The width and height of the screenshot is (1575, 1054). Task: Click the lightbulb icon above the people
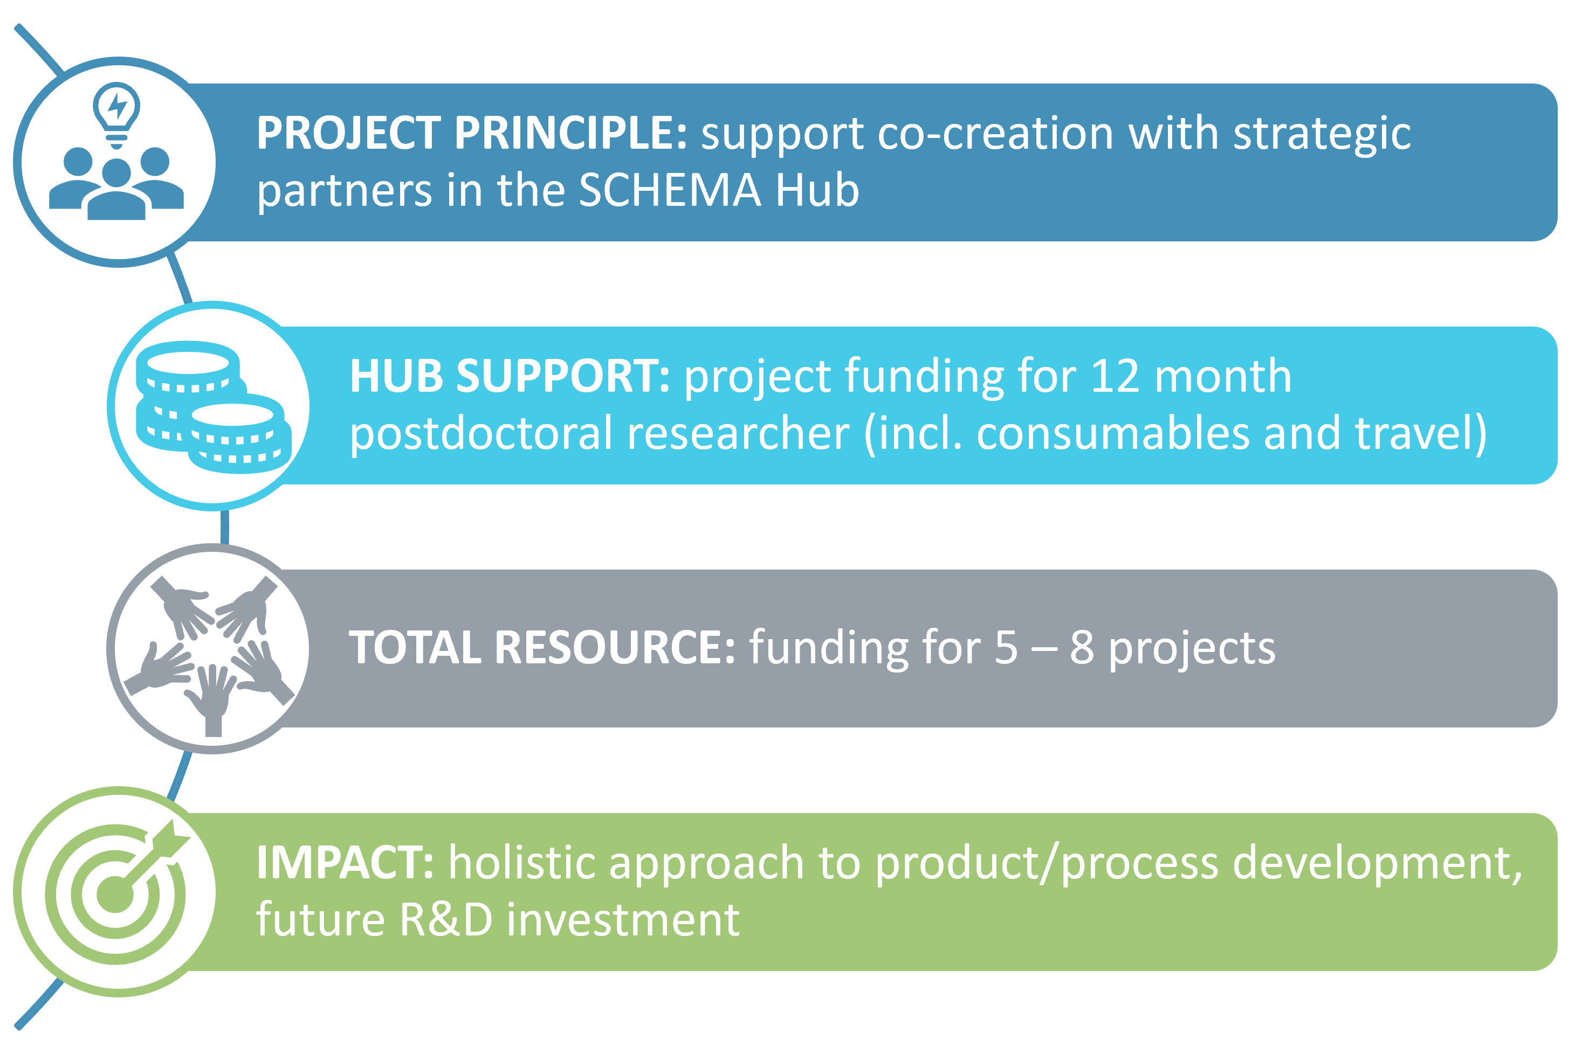coord(116,115)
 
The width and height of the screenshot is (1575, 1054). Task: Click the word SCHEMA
coord(670,190)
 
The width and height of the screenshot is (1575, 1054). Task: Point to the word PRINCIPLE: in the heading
coord(570,133)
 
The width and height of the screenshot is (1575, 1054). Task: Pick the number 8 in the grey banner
coord(1082,648)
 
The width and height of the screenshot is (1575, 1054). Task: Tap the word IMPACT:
coord(345,862)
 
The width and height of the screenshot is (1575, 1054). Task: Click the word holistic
coord(521,862)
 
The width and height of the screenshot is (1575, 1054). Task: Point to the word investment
coord(623,920)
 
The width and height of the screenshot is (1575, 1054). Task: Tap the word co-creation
coord(995,133)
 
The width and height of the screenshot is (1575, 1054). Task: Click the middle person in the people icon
coord(116,190)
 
